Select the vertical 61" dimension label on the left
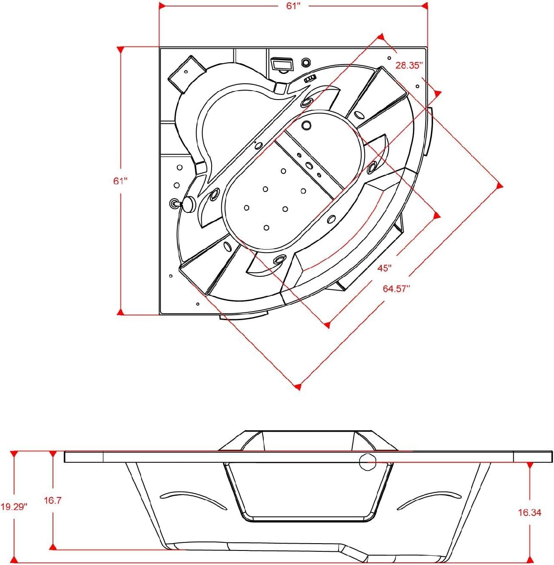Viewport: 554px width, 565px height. [x=121, y=181]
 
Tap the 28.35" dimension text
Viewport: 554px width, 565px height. [x=409, y=65]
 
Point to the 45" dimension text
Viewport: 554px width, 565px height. [x=384, y=268]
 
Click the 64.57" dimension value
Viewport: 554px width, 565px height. [x=396, y=288]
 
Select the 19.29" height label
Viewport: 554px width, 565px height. [x=14, y=507]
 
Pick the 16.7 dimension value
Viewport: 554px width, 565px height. [x=53, y=500]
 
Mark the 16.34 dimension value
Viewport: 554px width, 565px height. [x=530, y=512]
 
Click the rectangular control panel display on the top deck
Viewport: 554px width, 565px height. [x=283, y=65]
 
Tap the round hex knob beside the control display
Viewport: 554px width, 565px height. [x=306, y=62]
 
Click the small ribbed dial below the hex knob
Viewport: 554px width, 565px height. [x=310, y=78]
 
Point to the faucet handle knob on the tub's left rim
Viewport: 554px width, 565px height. [x=188, y=204]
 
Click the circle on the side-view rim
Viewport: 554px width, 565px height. [x=367, y=462]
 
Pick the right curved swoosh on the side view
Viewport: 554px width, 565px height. [x=430, y=498]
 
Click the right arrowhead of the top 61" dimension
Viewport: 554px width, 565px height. [x=424, y=6]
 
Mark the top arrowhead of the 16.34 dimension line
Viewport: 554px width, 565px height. [x=530, y=465]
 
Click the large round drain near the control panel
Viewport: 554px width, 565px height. [x=306, y=125]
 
